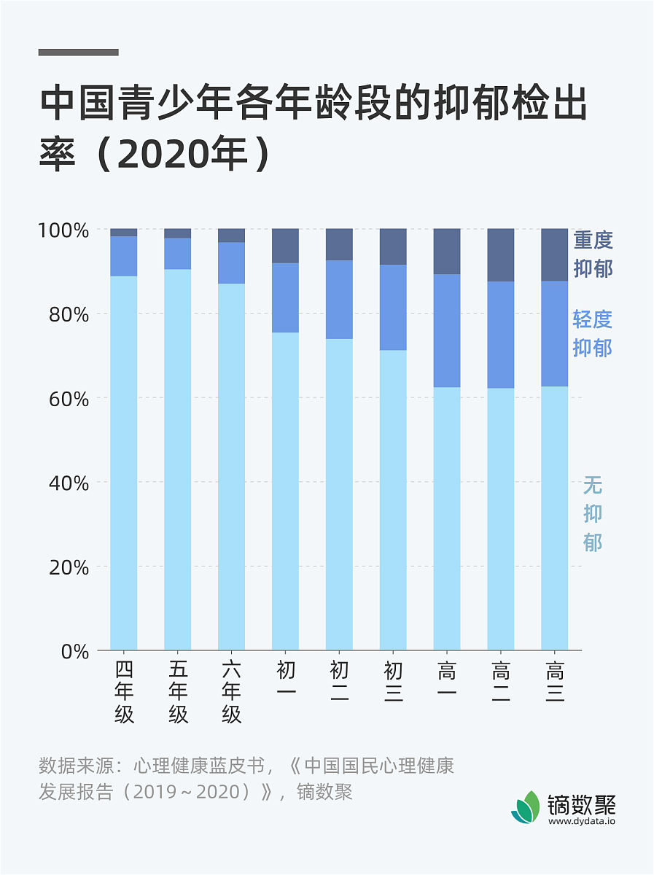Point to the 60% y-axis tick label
67,399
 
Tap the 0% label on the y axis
73,651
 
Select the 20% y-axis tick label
67,567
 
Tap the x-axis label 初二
339,681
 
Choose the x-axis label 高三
555,681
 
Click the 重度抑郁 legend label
593,254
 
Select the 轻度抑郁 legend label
593,333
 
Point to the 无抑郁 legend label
593,514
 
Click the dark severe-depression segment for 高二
501,255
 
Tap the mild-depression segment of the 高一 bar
447,330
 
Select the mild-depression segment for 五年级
178,254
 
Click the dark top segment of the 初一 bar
285,246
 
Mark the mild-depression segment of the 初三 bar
393,307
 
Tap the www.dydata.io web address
582,821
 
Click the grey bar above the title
78,52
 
